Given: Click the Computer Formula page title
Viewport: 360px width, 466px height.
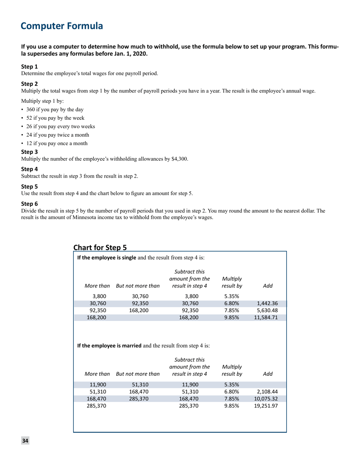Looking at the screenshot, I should (61, 26).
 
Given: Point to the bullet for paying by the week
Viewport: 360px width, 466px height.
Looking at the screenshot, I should (53, 117).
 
